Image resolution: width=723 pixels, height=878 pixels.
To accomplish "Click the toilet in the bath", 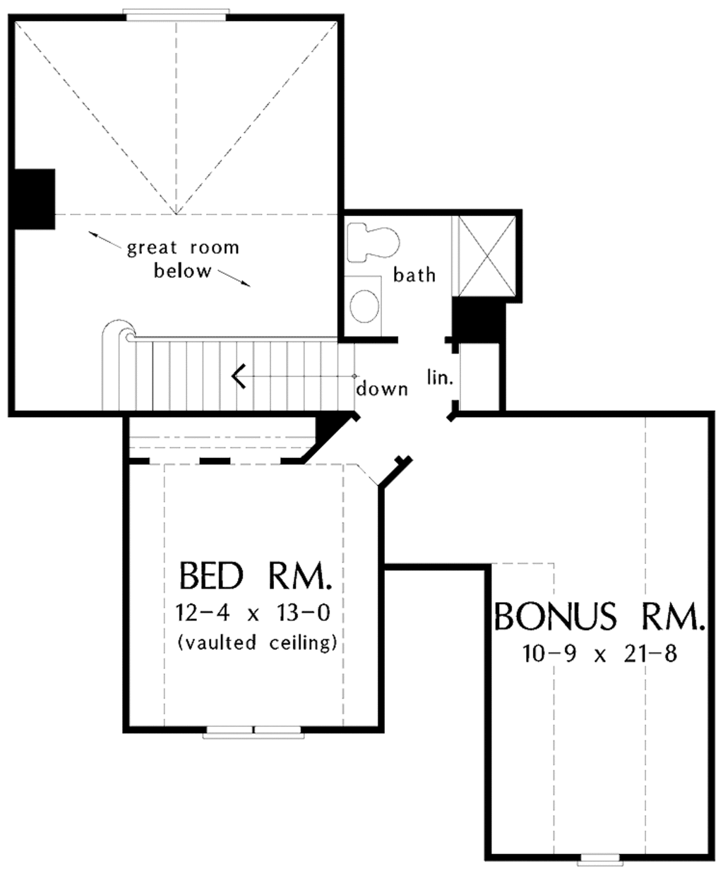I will (x=374, y=242).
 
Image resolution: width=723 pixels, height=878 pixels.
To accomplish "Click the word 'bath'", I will (x=414, y=275).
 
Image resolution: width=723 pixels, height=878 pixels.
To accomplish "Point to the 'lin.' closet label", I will (x=439, y=378).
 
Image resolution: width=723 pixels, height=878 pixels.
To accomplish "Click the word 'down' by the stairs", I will (x=382, y=389).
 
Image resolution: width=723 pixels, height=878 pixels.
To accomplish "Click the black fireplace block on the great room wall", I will (x=33, y=198).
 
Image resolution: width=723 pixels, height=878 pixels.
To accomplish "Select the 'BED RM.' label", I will (x=256, y=575).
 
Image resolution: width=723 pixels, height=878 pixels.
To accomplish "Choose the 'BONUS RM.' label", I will (x=599, y=616).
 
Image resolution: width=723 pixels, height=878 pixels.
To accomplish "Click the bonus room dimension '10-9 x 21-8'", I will (x=599, y=654).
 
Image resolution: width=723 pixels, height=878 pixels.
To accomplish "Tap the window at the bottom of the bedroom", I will (x=253, y=730).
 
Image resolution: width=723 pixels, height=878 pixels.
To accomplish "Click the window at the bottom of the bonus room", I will (x=599, y=860).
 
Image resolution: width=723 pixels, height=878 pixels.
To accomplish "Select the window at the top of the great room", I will (x=176, y=13).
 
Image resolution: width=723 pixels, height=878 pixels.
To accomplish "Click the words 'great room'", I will (x=183, y=248).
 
